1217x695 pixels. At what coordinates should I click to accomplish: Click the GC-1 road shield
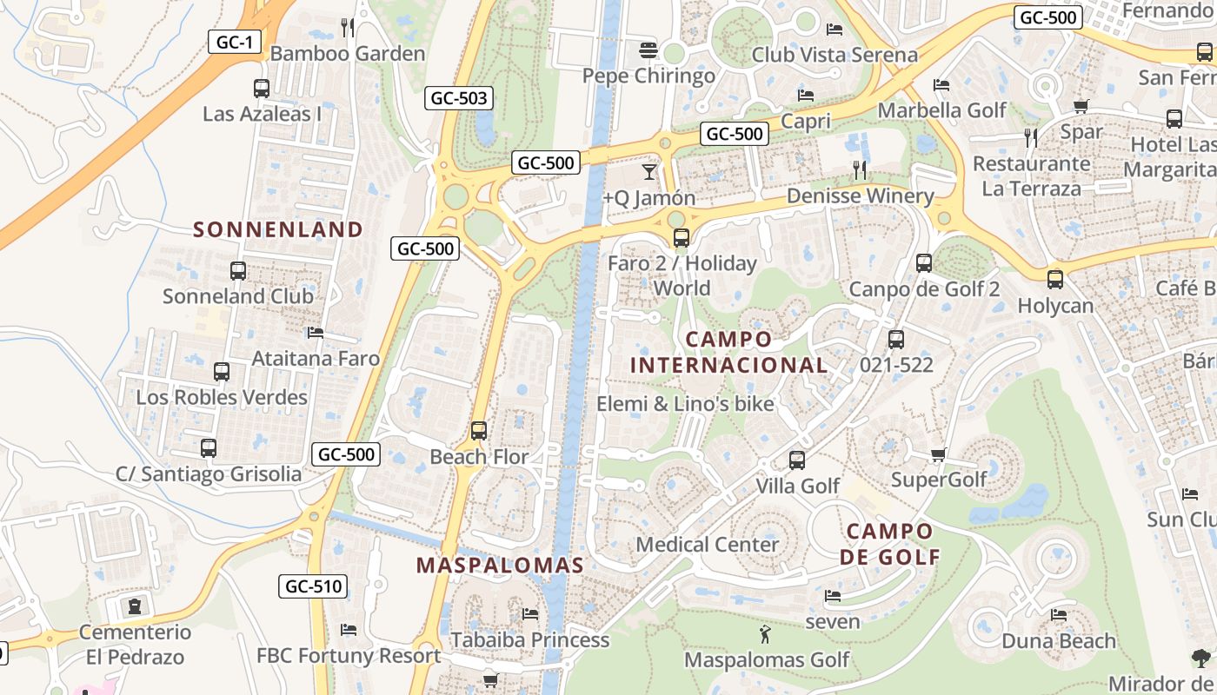pos(235,42)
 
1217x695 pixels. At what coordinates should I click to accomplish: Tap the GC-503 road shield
pos(459,98)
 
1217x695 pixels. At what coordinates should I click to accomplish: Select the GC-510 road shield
pos(313,586)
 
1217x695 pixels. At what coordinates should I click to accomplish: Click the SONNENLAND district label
pos(278,229)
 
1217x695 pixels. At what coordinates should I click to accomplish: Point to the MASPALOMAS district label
pos(500,566)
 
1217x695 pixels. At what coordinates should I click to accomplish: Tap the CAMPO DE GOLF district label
pos(890,544)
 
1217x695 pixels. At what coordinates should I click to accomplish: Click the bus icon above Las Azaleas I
pos(261,89)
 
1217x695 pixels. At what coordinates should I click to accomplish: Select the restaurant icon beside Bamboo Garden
pos(348,28)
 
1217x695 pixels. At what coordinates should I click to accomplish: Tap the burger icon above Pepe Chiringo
pos(648,50)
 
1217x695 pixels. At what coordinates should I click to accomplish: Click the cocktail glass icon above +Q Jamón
pos(648,171)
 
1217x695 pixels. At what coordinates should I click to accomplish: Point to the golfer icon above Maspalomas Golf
pos(765,635)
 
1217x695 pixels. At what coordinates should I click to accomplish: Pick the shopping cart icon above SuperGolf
pos(938,455)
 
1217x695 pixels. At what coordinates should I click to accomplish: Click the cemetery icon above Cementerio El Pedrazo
pos(135,606)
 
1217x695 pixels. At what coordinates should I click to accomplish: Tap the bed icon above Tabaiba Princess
pos(530,614)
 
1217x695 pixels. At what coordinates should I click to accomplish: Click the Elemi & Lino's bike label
pos(685,404)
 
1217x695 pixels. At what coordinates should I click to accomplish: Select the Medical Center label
pos(708,545)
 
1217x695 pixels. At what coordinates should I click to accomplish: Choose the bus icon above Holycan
pos(1055,280)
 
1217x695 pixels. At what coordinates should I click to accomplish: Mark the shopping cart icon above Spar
pos(1081,107)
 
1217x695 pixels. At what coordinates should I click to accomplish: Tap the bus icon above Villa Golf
pos(797,460)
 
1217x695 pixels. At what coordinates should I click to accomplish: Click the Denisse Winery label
pos(859,196)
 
